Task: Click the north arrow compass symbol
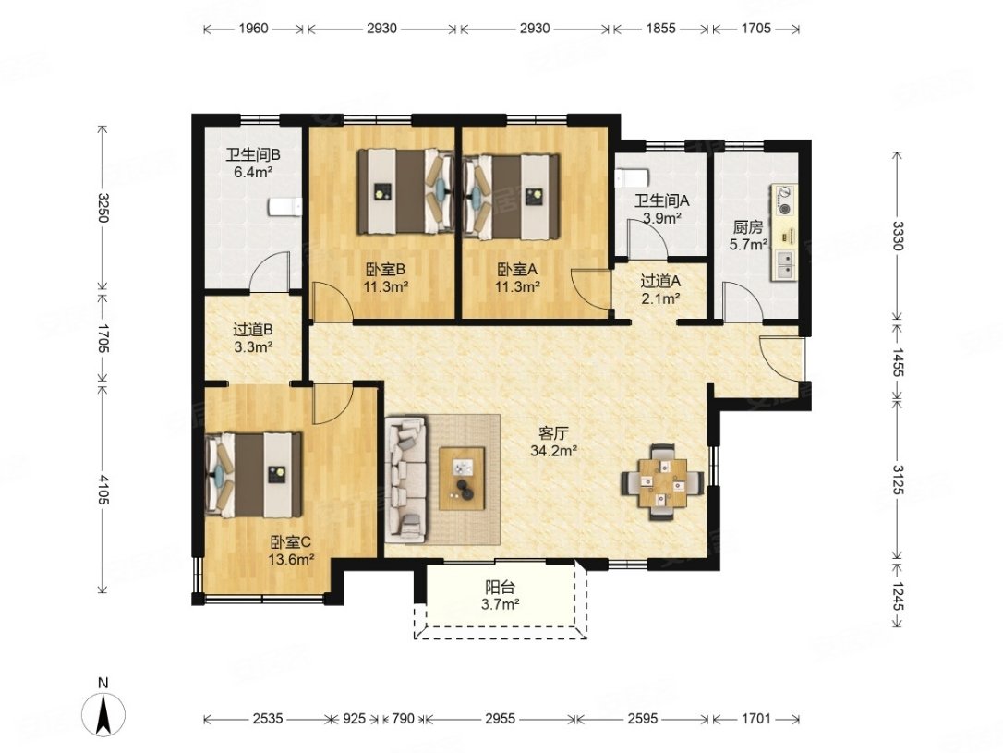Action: [x=103, y=712]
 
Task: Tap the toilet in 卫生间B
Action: [x=284, y=207]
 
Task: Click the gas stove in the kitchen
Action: [x=785, y=200]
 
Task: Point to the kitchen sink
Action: [x=784, y=263]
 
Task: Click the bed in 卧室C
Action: [x=253, y=474]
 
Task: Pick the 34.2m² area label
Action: [x=554, y=450]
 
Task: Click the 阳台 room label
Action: [x=501, y=587]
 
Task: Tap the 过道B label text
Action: [x=253, y=330]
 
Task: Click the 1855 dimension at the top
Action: [x=660, y=28]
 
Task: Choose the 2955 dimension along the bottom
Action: [x=500, y=718]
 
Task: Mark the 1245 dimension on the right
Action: [x=898, y=596]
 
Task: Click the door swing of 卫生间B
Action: [x=269, y=272]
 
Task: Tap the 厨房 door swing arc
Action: [x=742, y=300]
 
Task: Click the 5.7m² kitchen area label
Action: [x=748, y=245]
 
